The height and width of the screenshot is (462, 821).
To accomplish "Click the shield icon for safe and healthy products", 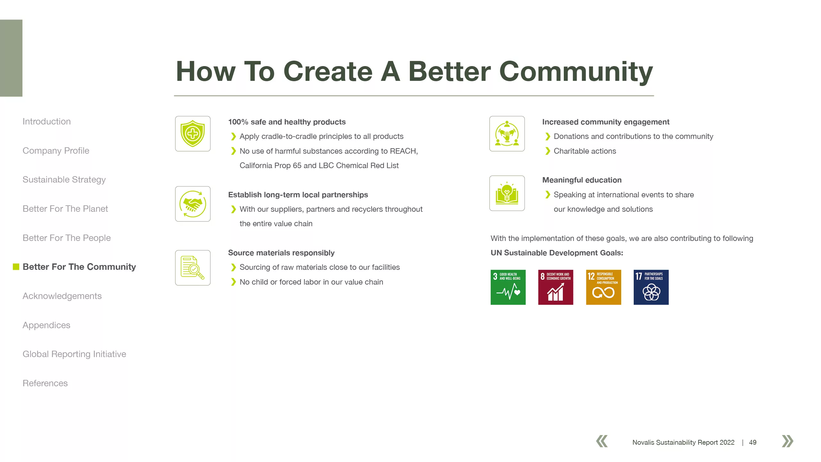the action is tap(193, 133).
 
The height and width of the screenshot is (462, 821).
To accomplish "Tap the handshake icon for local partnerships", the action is tap(193, 204).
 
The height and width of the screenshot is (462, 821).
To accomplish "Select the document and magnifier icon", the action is tap(193, 268).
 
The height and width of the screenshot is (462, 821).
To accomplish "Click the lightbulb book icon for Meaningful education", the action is tap(507, 193).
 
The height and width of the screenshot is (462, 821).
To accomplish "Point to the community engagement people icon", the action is tap(507, 133).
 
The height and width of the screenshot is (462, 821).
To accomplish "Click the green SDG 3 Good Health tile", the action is tap(508, 287).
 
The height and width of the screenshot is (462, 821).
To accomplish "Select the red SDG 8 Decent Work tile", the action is tap(556, 287).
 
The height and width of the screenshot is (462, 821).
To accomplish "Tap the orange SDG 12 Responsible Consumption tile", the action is tap(604, 287).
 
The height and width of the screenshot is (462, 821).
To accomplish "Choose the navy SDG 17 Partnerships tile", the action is tap(651, 287).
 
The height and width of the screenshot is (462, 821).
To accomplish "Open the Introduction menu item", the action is tap(47, 122).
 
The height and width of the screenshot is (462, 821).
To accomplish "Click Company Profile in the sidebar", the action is tap(56, 151).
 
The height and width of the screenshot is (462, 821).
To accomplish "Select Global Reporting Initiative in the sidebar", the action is tap(74, 354).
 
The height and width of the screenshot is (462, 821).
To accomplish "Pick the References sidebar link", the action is tap(45, 383).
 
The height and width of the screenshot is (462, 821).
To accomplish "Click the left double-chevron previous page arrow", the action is tap(602, 441).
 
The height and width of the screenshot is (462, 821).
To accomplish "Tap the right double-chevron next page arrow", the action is tap(788, 441).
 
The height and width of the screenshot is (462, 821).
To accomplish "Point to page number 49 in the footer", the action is tap(753, 442).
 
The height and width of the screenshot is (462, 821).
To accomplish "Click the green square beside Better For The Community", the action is tap(16, 267).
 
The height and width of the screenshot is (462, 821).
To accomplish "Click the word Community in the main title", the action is tap(576, 72).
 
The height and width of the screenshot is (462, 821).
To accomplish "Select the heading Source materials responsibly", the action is tap(281, 253).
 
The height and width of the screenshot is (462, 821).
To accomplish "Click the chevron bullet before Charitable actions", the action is tap(548, 151).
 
